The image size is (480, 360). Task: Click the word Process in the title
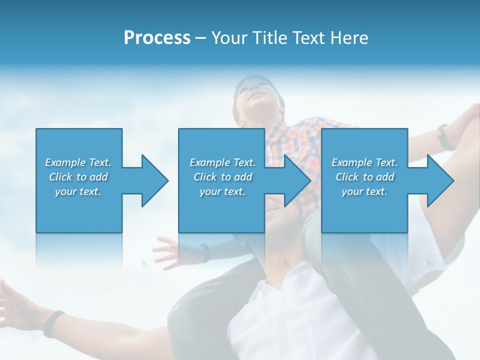(x=157, y=38)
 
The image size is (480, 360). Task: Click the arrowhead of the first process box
(x=154, y=180)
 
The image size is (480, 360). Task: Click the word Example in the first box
(x=66, y=162)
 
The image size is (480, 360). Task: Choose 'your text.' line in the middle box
(x=222, y=191)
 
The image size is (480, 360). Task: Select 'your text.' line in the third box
(x=364, y=191)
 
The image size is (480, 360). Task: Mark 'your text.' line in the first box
(x=77, y=191)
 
